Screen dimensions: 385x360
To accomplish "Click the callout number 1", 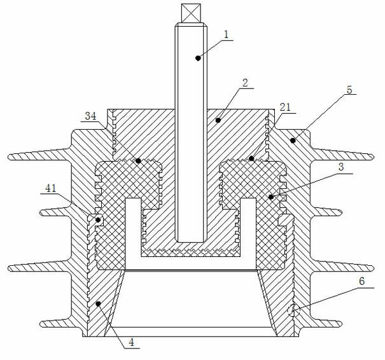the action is pyautogui.click(x=226, y=34).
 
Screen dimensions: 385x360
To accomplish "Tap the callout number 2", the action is pyautogui.click(x=245, y=83).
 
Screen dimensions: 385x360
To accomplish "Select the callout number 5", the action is pyautogui.click(x=349, y=90).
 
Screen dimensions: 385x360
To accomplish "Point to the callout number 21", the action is pyautogui.click(x=285, y=107).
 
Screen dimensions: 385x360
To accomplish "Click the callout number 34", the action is pyautogui.click(x=90, y=116).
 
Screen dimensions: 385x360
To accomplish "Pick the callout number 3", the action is pyautogui.click(x=341, y=167).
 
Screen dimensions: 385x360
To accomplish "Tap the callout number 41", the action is pyautogui.click(x=50, y=188).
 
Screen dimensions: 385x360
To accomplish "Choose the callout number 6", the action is pyautogui.click(x=362, y=282).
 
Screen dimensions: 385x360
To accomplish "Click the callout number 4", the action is pyautogui.click(x=132, y=342).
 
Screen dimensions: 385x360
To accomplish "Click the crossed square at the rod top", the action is pyautogui.click(x=191, y=13).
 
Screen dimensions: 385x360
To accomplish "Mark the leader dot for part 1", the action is pyautogui.click(x=198, y=58).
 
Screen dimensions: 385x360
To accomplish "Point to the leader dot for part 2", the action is pyautogui.click(x=218, y=120).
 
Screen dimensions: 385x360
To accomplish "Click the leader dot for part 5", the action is pyautogui.click(x=293, y=141).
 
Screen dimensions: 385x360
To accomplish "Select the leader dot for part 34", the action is pyautogui.click(x=138, y=161).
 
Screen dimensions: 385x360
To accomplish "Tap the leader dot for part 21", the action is pyautogui.click(x=251, y=158).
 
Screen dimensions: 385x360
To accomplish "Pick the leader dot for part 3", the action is pyautogui.click(x=271, y=197).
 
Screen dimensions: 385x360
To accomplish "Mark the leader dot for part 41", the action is pyautogui.click(x=98, y=220).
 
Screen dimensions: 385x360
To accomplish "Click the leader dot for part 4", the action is pyautogui.click(x=98, y=304).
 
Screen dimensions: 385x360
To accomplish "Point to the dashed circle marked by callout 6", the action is pyautogui.click(x=293, y=311).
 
